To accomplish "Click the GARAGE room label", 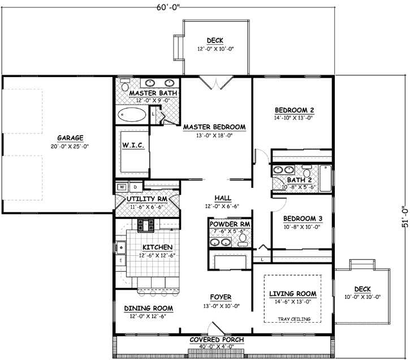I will point(70,138).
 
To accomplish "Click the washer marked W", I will point(122,186).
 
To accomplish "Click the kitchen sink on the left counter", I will point(120,247).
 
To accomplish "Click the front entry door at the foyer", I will point(215,329).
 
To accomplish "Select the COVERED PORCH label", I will point(217,340).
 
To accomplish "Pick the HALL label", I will point(222,198).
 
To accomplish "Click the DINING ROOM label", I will point(148,308).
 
